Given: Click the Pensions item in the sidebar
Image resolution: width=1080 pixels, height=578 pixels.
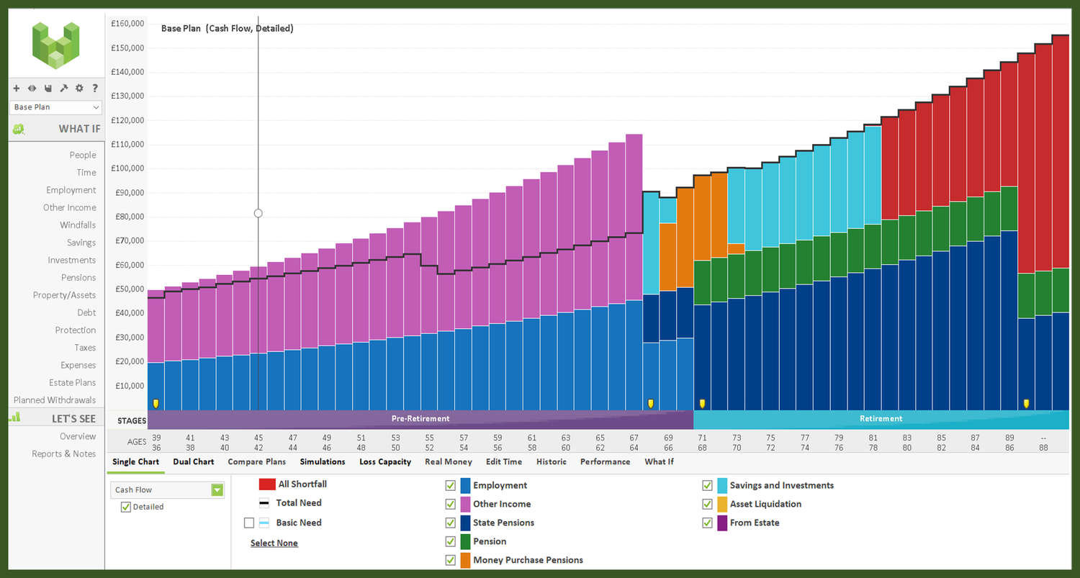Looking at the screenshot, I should pyautogui.click(x=78, y=277).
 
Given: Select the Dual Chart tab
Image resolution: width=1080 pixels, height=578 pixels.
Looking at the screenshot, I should pyautogui.click(x=193, y=461).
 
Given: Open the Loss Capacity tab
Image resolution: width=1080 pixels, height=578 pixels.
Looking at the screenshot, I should pyautogui.click(x=385, y=461).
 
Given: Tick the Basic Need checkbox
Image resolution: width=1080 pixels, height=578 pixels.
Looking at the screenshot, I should pyautogui.click(x=249, y=523).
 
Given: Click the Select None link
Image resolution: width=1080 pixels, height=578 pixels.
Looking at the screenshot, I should pyautogui.click(x=274, y=543).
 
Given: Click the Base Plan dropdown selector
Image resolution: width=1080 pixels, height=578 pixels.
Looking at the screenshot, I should pyautogui.click(x=56, y=107).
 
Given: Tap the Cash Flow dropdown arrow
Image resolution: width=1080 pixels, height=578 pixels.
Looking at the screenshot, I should pyautogui.click(x=217, y=490).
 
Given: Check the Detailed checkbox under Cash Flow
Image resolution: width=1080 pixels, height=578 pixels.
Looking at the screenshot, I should pyautogui.click(x=126, y=507).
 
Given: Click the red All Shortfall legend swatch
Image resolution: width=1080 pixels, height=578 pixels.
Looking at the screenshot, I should pyautogui.click(x=267, y=484).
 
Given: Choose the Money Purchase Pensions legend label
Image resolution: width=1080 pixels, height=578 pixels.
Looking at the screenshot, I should pyautogui.click(x=528, y=560).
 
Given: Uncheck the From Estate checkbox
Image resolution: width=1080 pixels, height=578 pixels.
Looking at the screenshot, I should pyautogui.click(x=708, y=523).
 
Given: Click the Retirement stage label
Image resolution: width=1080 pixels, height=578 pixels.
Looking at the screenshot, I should pyautogui.click(x=881, y=418).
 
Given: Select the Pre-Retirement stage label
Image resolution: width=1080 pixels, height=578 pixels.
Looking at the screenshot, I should pyautogui.click(x=420, y=418).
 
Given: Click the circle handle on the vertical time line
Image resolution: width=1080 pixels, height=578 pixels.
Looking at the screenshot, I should pyautogui.click(x=258, y=213).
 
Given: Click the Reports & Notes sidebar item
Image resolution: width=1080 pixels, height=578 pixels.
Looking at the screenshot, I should pyautogui.click(x=63, y=453).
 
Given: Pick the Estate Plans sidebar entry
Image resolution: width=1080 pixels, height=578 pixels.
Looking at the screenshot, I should pyautogui.click(x=72, y=382).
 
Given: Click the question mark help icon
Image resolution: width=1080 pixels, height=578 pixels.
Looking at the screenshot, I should pyautogui.click(x=95, y=89).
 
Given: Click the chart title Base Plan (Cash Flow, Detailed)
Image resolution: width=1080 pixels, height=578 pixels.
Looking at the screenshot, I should pyautogui.click(x=227, y=29).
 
